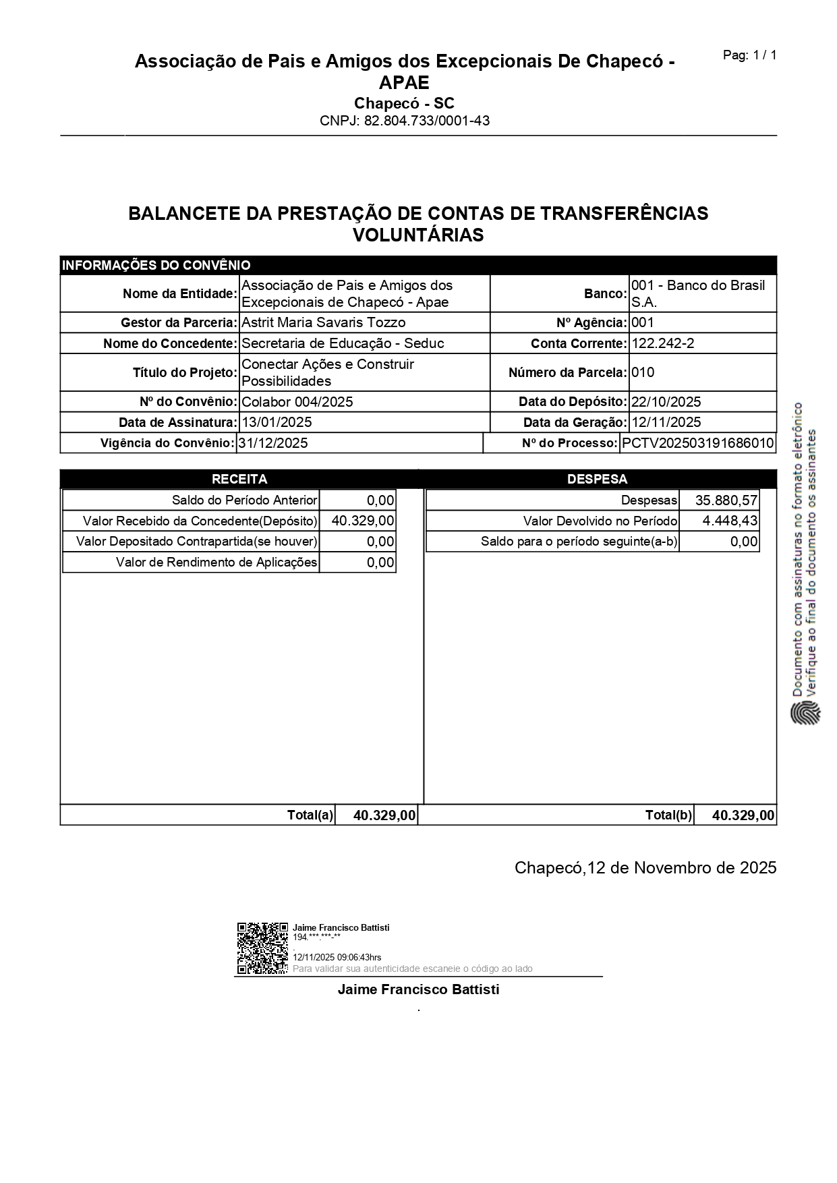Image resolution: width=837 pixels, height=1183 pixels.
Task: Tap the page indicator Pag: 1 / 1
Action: pos(749,55)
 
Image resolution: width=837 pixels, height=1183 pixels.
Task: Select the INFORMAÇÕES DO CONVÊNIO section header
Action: pos(156,265)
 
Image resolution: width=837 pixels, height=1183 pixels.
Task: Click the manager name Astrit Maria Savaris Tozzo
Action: pos(323,322)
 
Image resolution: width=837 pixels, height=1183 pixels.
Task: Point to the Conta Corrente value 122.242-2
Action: pos(662,343)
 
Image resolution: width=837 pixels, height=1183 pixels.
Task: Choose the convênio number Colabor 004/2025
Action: pos(297,402)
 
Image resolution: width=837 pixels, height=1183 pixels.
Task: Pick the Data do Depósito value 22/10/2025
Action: pos(666,402)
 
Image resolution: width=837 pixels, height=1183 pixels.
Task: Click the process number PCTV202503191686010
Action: pos(697,443)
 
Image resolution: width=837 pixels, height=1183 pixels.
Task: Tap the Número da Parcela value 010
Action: pos(643,372)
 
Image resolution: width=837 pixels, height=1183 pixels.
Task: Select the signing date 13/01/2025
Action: pos(277,422)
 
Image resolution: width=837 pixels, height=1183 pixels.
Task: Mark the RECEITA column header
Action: pos(239,479)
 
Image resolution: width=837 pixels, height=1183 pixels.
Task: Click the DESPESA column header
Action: pos(597,479)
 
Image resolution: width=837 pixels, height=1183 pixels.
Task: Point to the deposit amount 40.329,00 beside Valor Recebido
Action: pos(363,521)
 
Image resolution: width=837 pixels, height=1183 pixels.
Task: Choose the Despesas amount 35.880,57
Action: pos(726,500)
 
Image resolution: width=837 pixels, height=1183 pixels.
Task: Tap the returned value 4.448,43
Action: pos(730,521)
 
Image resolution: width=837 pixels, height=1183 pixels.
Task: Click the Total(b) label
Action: pos(668,815)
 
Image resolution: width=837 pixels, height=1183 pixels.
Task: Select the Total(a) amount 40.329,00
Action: pos(384,815)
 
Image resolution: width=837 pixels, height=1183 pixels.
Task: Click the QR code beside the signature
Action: pos(262,948)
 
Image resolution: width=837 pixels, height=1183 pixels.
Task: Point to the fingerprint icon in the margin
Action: pos(805,713)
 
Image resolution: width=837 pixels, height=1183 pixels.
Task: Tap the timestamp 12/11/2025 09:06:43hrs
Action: pos(337,957)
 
